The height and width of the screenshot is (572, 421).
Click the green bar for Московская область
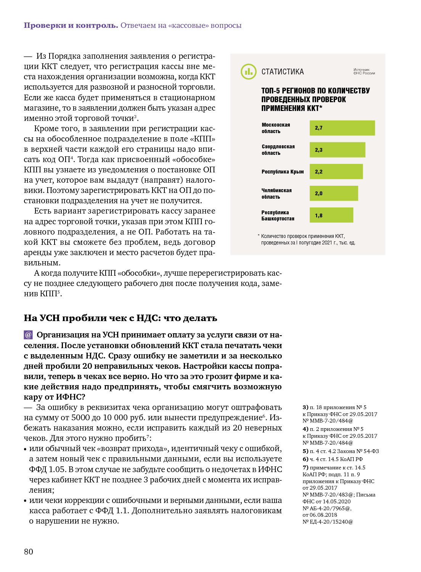tap(342, 128)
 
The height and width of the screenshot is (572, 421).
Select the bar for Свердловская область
tap(337, 150)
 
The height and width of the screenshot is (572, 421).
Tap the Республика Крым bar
tap(336, 172)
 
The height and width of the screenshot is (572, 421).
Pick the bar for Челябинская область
tap(334, 193)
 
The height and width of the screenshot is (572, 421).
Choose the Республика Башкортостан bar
tap(331, 215)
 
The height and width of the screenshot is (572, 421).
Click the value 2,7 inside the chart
tap(319, 128)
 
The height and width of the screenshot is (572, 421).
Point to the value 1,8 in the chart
tap(319, 216)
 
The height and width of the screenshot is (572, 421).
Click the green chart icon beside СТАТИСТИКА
tap(248, 72)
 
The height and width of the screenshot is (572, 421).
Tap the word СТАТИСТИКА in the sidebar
tap(283, 72)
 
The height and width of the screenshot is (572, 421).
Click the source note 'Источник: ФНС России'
tap(364, 71)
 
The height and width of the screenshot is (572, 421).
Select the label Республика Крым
tap(283, 172)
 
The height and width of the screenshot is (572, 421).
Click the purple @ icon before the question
tap(28, 335)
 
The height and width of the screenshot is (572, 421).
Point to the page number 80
tap(29, 551)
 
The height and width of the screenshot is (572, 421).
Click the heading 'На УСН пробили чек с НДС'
tap(121, 318)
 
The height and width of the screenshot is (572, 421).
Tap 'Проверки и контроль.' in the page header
tap(71, 26)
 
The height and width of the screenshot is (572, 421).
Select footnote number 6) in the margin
tap(305, 459)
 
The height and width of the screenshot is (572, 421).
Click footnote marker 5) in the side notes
tap(305, 451)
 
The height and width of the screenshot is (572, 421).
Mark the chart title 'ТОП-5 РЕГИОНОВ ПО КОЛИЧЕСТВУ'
tap(315, 91)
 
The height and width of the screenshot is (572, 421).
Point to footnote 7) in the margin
tap(305, 468)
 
